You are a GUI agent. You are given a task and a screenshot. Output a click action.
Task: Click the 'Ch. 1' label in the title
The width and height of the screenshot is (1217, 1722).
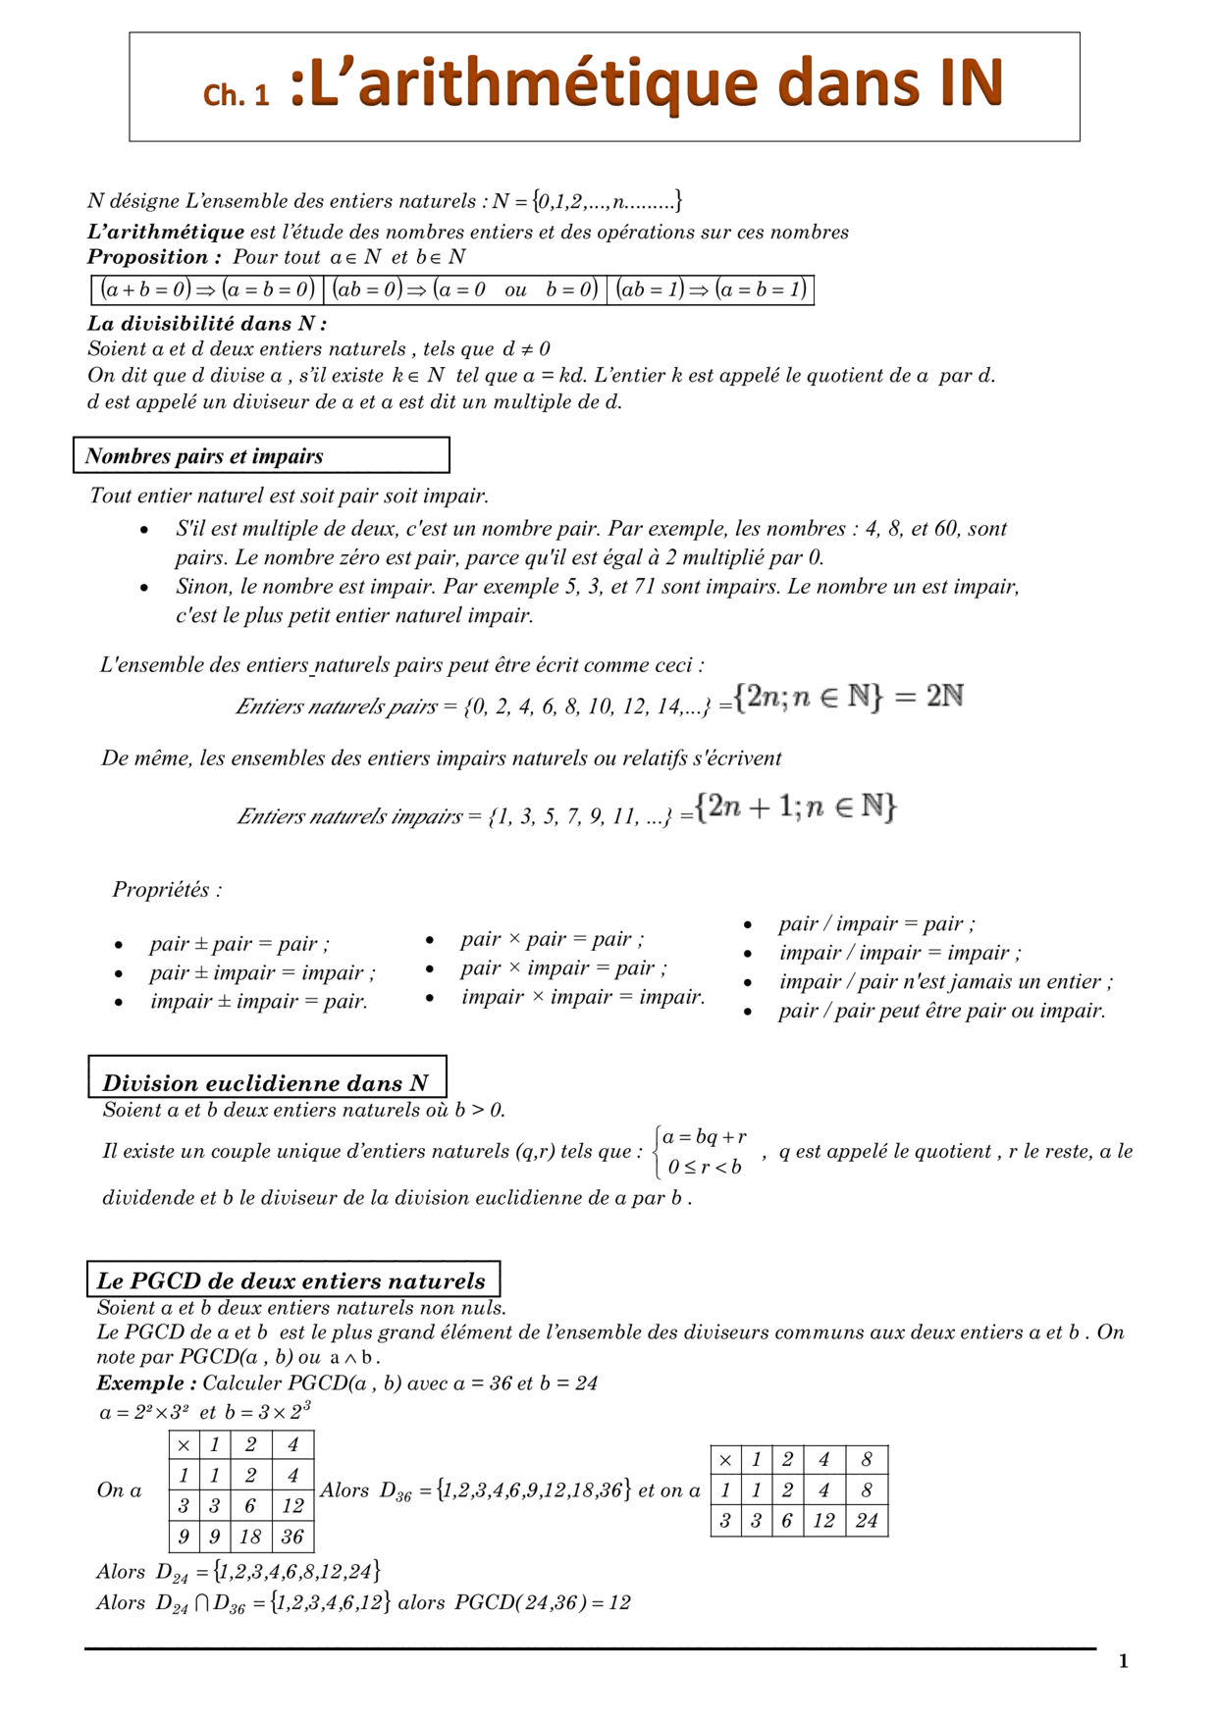(x=236, y=94)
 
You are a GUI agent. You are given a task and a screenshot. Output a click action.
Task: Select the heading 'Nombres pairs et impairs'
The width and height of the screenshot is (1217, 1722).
(x=204, y=456)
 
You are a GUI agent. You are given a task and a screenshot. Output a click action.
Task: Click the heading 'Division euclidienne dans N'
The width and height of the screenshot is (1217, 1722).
(x=266, y=1083)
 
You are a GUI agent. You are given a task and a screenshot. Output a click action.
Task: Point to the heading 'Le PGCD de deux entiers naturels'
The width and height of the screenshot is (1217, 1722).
(x=291, y=1280)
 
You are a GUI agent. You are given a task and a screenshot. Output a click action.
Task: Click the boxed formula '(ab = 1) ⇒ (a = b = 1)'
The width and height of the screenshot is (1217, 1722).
(x=711, y=289)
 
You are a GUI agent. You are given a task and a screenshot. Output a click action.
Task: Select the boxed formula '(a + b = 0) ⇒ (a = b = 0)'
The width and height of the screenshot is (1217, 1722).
(x=207, y=289)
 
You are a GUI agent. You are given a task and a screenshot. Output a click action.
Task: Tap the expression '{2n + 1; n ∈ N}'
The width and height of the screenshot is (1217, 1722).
(x=796, y=808)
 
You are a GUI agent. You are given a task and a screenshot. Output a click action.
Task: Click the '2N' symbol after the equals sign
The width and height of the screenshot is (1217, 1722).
(x=945, y=697)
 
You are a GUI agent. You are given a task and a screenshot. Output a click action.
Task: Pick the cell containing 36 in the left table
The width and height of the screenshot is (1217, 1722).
(x=292, y=1537)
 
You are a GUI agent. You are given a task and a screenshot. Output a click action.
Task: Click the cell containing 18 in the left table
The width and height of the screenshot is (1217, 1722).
(x=250, y=1537)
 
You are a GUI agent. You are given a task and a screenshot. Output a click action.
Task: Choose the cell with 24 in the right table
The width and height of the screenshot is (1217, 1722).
(x=866, y=1521)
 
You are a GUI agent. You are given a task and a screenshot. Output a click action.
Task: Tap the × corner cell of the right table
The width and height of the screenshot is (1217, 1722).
(x=725, y=1460)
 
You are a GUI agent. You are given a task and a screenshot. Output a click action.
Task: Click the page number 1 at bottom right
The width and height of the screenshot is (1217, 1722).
(x=1124, y=1661)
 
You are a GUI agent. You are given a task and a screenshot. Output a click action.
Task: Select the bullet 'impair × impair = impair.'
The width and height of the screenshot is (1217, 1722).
(x=583, y=997)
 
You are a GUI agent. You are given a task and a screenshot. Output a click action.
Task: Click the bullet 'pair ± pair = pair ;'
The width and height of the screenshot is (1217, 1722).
(x=239, y=944)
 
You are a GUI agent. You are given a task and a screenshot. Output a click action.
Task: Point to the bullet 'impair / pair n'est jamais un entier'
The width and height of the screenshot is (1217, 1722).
(x=945, y=981)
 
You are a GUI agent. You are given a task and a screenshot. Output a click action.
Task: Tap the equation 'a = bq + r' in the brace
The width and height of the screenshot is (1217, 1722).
(x=705, y=1137)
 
